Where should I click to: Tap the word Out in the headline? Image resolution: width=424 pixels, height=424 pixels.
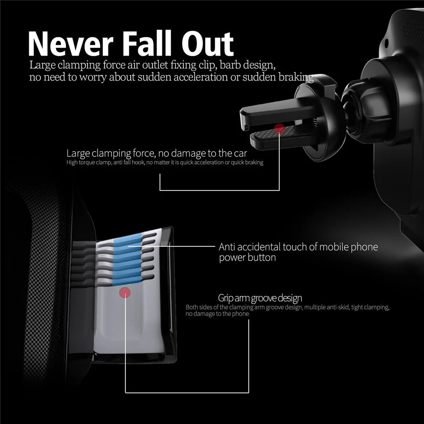[x=207, y=44]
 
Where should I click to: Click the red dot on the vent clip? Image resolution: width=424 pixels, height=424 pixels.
[x=279, y=129]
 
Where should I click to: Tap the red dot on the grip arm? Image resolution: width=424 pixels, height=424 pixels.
[x=125, y=293]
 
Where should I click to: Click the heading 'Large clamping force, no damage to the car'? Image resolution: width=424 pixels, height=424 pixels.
[x=156, y=153]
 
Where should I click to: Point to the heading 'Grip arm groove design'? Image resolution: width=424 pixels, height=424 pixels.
[x=260, y=298]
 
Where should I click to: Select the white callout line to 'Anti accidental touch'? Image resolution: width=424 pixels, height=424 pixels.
[x=171, y=246]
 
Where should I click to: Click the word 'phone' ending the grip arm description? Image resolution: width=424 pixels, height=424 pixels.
[x=240, y=314]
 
